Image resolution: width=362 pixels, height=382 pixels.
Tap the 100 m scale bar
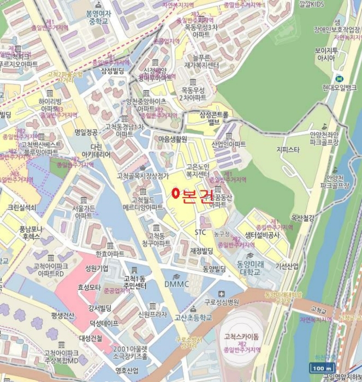321,367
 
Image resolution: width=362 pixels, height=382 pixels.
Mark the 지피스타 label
288,149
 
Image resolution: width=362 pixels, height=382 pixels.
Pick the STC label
200,232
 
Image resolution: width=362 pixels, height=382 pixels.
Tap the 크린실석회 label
21,207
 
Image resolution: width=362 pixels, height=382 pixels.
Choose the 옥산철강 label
303,217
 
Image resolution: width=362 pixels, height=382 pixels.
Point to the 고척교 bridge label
318,309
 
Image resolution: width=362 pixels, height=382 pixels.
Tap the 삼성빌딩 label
112,71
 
